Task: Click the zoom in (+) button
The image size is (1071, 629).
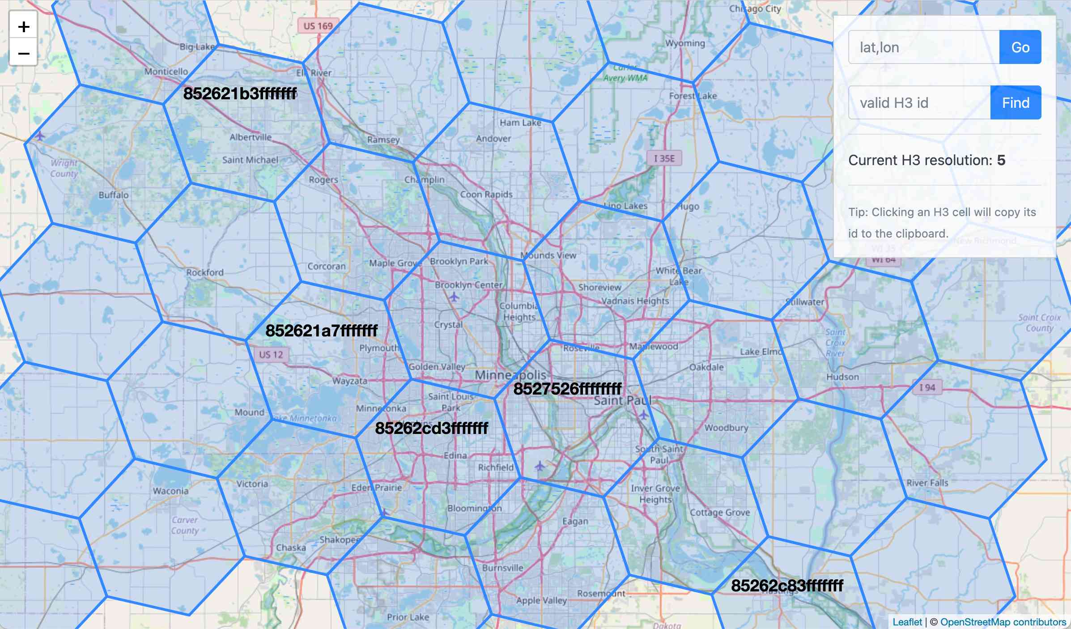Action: click(24, 27)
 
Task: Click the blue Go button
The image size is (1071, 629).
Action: click(1020, 47)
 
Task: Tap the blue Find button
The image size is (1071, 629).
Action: click(1016, 103)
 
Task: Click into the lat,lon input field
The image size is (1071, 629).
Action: click(923, 47)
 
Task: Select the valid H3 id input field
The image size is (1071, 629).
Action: click(919, 103)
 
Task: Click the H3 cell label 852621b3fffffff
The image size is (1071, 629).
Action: click(240, 93)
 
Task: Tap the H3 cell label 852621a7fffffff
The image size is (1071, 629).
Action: click(321, 331)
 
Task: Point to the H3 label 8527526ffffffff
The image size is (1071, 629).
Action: click(567, 389)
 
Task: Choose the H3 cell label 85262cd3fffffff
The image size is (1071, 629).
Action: click(431, 428)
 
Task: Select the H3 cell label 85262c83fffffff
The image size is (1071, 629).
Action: click(787, 585)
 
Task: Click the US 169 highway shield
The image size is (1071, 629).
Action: click(318, 26)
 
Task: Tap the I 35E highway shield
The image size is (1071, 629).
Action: click(664, 158)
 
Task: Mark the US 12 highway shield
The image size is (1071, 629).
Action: click(271, 355)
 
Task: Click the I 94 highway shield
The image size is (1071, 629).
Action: click(927, 387)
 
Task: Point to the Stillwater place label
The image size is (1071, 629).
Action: click(805, 302)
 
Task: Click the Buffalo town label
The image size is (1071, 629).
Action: click(114, 195)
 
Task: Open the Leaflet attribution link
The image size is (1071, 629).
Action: click(907, 622)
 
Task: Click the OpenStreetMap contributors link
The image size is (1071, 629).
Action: click(1003, 622)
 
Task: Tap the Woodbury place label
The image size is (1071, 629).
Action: click(726, 428)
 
